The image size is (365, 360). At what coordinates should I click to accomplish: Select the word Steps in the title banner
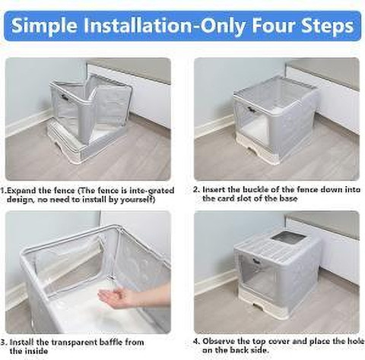(329, 25)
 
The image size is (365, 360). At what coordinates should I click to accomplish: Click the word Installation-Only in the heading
(170, 25)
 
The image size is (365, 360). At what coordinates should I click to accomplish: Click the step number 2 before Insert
(195, 189)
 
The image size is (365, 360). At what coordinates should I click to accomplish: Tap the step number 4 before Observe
(195, 342)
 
